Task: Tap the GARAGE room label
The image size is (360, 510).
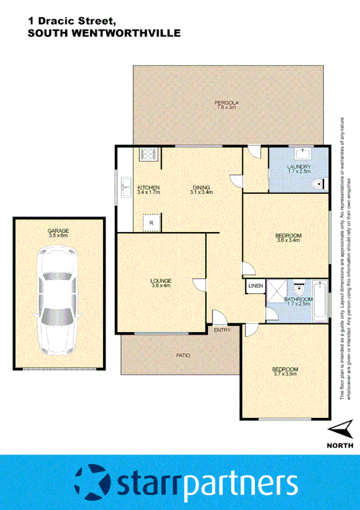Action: tap(58, 231)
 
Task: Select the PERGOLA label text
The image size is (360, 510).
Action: tap(227, 103)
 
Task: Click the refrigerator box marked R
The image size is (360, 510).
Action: tap(150, 223)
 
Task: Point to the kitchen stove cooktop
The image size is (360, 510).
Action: tap(148, 155)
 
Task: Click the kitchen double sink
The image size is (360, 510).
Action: tap(126, 187)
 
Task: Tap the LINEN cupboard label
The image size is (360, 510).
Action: tap(255, 286)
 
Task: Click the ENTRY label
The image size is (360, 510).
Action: tap(221, 330)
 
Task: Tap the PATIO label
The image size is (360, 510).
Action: tap(183, 355)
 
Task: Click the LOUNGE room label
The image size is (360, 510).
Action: tap(161, 280)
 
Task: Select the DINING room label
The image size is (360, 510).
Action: tap(202, 187)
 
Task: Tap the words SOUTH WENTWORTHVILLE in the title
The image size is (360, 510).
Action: tap(104, 34)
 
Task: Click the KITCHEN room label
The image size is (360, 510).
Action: tap(148, 187)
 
